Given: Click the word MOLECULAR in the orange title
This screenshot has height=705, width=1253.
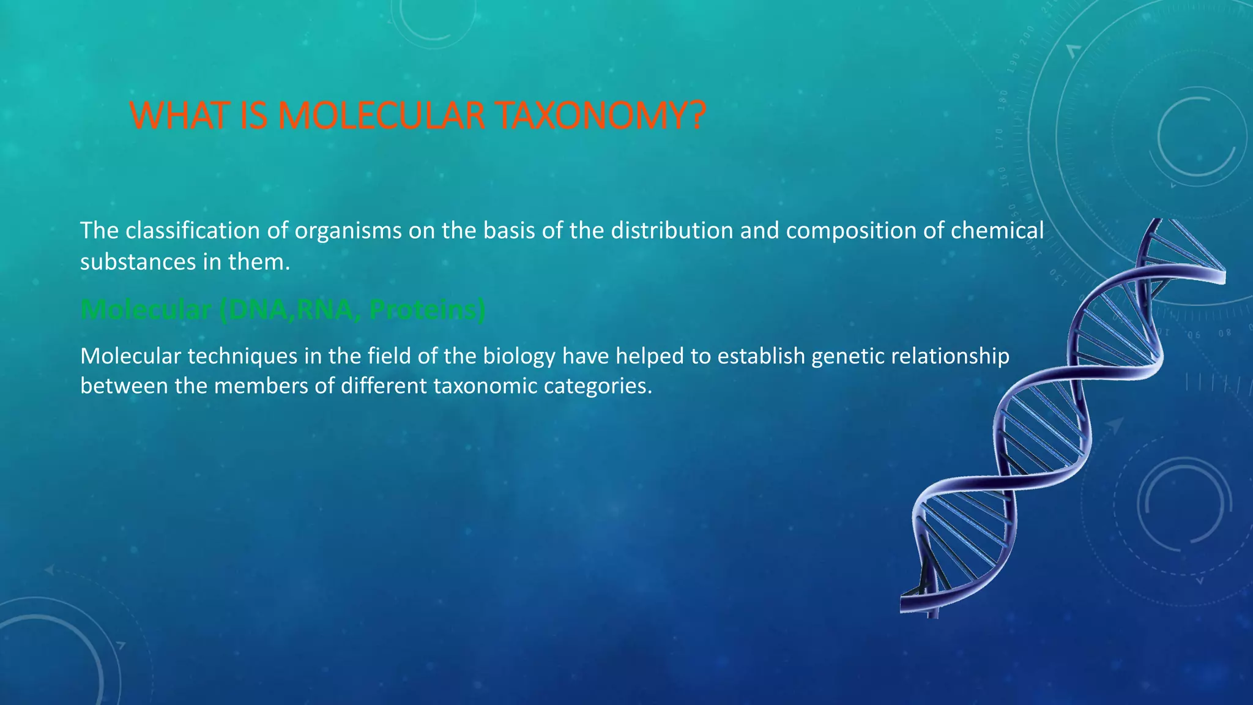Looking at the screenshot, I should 381,116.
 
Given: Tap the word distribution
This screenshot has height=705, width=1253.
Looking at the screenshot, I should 672,231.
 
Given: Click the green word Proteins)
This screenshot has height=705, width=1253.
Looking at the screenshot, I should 427,310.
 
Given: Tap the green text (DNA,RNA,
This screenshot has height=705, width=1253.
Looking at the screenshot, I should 286,310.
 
